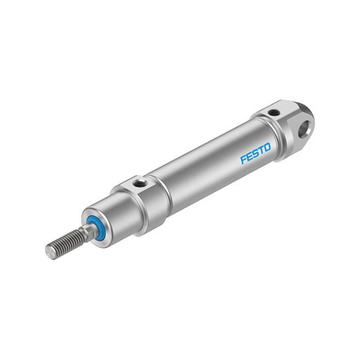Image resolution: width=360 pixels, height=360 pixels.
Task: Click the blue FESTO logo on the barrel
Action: click(x=256, y=153)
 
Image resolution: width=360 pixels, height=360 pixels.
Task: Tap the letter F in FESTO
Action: click(x=243, y=160)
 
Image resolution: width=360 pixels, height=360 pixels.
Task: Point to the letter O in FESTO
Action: click(x=267, y=148)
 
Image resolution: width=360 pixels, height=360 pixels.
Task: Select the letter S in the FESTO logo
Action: click(x=256, y=153)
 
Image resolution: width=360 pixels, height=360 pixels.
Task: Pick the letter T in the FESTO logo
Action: click(x=261, y=151)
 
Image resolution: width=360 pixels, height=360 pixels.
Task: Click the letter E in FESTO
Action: click(x=249, y=157)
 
